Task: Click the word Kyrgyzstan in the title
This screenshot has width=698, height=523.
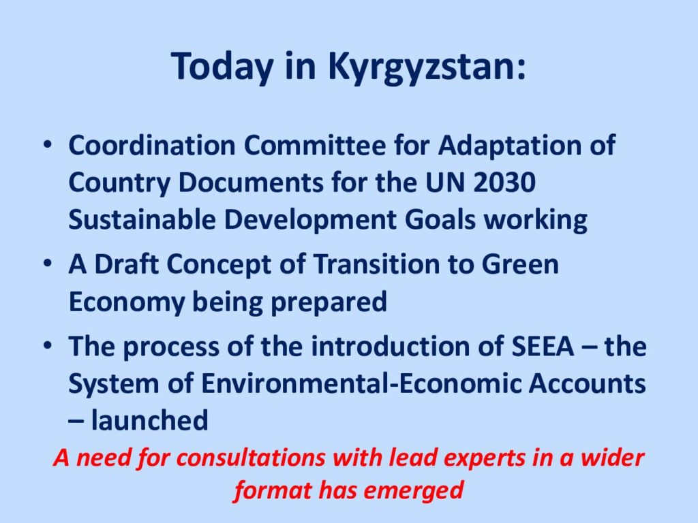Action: point(427,67)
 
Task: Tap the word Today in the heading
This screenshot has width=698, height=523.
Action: point(222,67)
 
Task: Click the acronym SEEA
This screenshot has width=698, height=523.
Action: point(543,346)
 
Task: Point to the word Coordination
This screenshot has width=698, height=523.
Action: point(152,145)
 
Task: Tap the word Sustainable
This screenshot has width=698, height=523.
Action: point(142,219)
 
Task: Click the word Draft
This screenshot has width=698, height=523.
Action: point(126,264)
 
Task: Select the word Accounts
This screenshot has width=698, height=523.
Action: point(587,383)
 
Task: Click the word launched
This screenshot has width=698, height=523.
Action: point(149,420)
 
